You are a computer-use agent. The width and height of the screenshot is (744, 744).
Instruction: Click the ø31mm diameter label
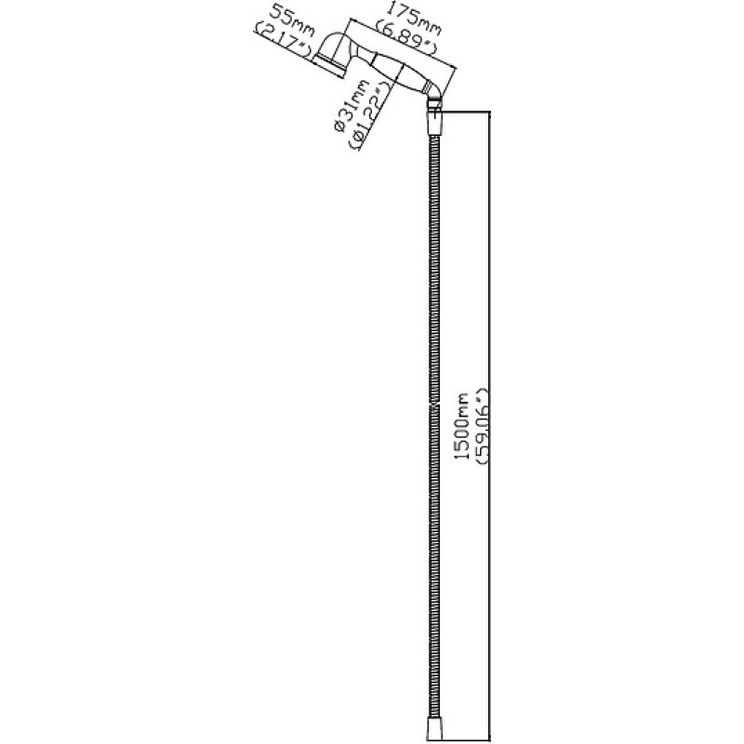click(x=352, y=105)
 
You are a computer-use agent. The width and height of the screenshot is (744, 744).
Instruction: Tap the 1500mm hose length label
click(x=461, y=426)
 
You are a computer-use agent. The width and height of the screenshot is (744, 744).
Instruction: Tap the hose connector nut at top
click(x=434, y=123)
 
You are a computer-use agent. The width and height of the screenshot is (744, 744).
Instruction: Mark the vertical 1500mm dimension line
click(x=490, y=426)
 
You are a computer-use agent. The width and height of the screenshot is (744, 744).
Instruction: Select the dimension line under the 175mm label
click(x=404, y=44)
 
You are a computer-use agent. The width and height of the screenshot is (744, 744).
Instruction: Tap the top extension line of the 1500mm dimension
click(x=465, y=111)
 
